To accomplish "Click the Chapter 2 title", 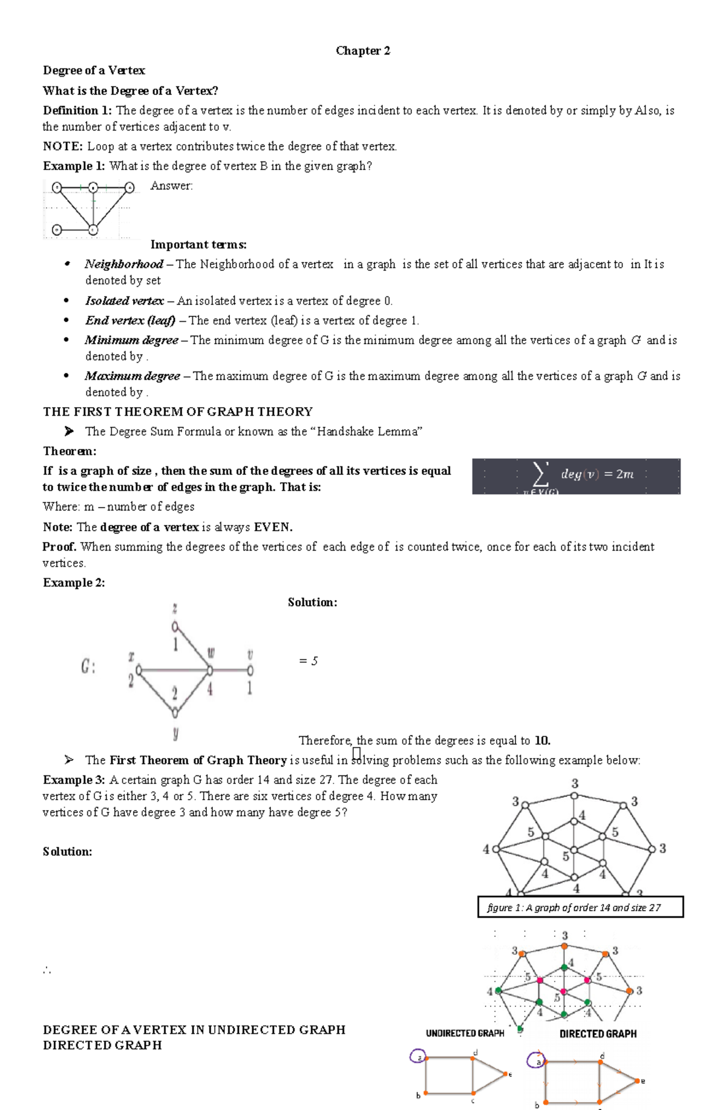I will click(363, 51).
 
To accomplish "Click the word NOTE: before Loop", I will click(63, 146).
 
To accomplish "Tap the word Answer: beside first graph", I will click(171, 186).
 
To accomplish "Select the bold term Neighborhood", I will click(123, 264).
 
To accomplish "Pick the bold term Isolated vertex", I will click(124, 301).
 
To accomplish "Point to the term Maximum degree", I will click(132, 376).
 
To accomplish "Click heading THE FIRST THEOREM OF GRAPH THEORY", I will click(177, 412).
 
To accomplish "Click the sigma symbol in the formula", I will click(540, 474).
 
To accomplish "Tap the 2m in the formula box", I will click(624, 474).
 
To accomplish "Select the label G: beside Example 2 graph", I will click(88, 667).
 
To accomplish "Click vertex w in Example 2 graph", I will click(210, 670).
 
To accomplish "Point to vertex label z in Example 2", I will click(175, 608).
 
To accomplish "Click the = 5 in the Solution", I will click(308, 661).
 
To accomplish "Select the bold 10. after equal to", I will click(543, 740).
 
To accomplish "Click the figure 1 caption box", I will click(580, 907).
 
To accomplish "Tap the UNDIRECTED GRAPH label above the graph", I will click(465, 1034).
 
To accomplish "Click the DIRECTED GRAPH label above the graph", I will click(598, 1034).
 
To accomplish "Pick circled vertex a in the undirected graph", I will click(417, 1057).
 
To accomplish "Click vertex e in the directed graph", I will click(637, 1080).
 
